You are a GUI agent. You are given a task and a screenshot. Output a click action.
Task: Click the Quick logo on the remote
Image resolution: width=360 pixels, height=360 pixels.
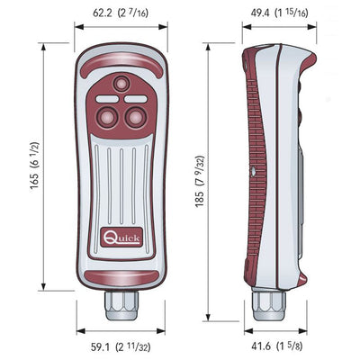(115, 239)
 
